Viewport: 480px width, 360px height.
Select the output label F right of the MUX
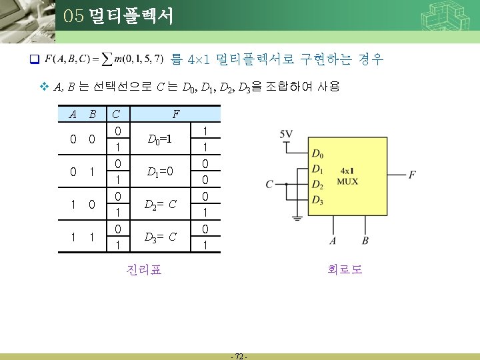[x=412, y=175]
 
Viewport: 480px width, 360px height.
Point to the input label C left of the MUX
[x=269, y=183]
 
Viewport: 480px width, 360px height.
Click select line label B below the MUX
[x=365, y=240]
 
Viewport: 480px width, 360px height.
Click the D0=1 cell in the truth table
[x=160, y=140]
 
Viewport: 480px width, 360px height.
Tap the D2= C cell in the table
[x=160, y=204]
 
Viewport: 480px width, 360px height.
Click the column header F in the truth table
[x=175, y=114]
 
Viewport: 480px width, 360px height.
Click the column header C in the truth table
[x=117, y=114]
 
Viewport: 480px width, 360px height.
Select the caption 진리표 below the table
[x=143, y=270]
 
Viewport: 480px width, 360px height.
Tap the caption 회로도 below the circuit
[x=345, y=270]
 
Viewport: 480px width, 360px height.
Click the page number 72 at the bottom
[x=239, y=355]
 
